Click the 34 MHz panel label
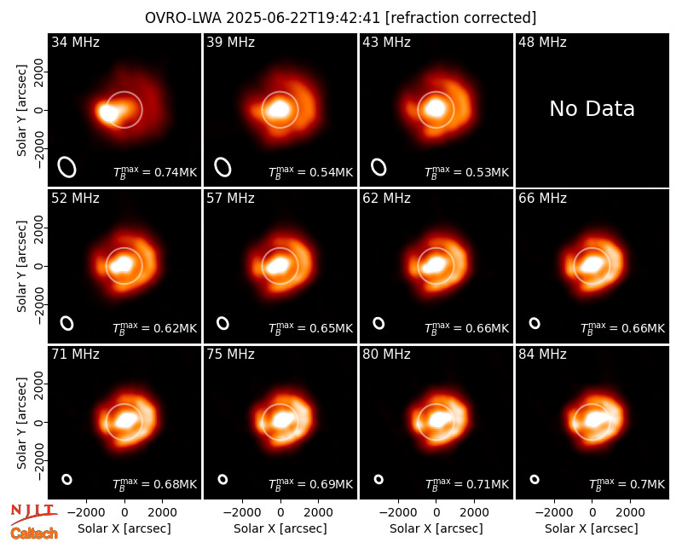(75, 42)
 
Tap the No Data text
(592, 108)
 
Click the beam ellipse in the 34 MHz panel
(67, 167)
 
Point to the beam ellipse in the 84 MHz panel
(535, 479)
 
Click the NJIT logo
(33, 514)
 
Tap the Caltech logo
(34, 534)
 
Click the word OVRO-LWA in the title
(183, 18)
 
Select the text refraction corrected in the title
(461, 18)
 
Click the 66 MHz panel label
(542, 199)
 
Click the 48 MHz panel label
(542, 42)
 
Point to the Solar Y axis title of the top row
(21, 111)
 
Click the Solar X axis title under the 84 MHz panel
(592, 528)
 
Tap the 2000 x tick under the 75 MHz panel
(318, 512)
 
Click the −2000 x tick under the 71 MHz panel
(83, 512)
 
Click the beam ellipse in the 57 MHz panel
(223, 323)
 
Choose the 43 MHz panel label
(387, 42)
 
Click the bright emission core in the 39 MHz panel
(279, 109)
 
